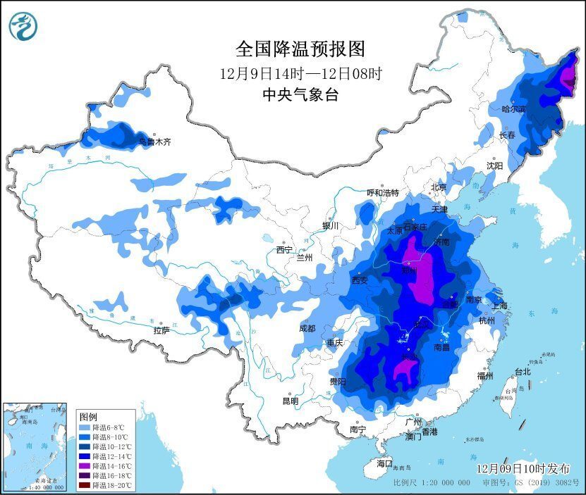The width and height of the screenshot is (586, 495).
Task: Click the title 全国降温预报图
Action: tap(300, 49)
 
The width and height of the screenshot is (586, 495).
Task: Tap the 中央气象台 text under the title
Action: tap(300, 95)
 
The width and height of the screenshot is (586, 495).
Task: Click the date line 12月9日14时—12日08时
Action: tap(300, 73)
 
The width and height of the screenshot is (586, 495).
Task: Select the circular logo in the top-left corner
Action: tap(22, 26)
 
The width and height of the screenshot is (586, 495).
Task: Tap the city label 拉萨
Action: tap(161, 330)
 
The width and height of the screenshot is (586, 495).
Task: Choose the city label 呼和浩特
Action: tap(383, 193)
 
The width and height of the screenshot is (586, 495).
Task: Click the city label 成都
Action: tap(307, 327)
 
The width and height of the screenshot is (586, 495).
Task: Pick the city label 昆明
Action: tap(290, 401)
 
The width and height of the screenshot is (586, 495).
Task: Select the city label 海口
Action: tap(384, 463)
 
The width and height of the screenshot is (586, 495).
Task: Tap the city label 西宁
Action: tap(284, 249)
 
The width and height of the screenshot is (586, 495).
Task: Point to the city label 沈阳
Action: tap(494, 165)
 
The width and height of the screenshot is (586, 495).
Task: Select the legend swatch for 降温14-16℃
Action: tap(84, 465)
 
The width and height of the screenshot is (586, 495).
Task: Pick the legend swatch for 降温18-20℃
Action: tap(84, 484)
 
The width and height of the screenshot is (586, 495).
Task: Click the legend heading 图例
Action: tap(88, 415)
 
